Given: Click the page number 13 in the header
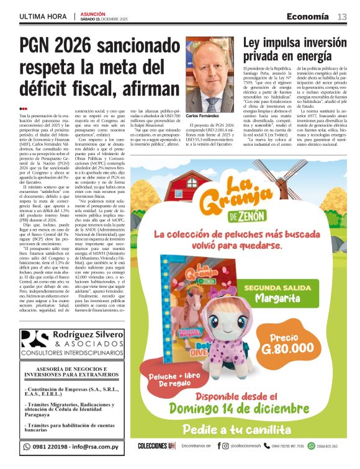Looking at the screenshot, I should click(342, 16).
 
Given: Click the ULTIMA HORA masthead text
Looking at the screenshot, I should click(42, 16).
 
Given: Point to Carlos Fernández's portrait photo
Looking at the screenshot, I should click(209, 74).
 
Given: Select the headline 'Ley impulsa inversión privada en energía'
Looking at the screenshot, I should click(294, 49).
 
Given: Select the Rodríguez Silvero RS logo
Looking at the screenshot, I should click(35, 341).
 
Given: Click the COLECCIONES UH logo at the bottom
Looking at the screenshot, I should click(156, 446).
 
